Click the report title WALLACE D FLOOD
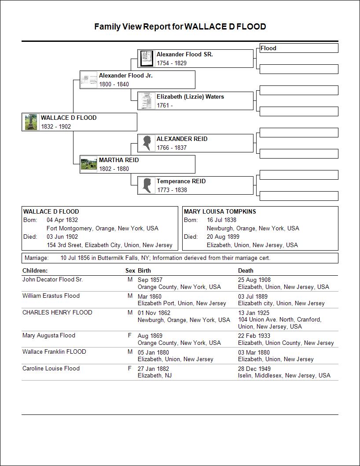point(180,26)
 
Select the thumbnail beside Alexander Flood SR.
point(147,58)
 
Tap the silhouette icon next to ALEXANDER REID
point(147,143)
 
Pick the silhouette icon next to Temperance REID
point(147,185)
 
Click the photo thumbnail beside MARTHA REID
point(89,164)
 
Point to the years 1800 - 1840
point(114,84)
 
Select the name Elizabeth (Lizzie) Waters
point(190,96)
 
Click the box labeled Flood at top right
point(299,48)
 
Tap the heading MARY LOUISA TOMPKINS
point(220,211)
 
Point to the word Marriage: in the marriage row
point(37,258)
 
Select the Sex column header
point(130,270)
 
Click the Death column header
point(246,270)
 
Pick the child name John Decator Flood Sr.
point(52,279)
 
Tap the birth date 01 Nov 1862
point(154,313)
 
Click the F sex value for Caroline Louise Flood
point(130,368)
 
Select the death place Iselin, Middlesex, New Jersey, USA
point(284,375)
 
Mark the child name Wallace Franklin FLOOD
point(54,351)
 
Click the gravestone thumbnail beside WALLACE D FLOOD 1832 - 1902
point(31,122)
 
